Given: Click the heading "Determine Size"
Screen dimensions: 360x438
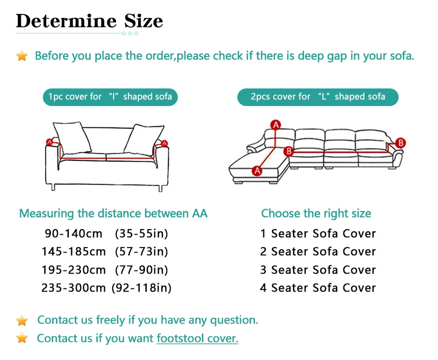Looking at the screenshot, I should coord(89,21).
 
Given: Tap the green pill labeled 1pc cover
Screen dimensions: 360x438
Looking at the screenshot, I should coord(110,97).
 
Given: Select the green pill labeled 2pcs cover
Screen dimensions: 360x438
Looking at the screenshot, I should coord(318,97).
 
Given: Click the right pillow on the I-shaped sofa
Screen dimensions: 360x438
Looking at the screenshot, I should coord(142,138).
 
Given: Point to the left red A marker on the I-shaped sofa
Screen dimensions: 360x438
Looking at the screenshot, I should coord(50,142).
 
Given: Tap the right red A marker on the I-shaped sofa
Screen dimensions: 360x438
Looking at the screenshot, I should coord(164,143).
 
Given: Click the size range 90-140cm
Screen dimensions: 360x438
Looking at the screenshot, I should coord(74,234).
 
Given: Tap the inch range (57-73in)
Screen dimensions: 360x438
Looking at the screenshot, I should coord(141,252).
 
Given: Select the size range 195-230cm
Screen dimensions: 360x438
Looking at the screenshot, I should coord(74,270).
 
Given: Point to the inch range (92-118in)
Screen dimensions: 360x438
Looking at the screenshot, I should coord(141,288).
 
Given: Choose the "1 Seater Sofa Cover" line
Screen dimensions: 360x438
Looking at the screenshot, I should coord(318,234).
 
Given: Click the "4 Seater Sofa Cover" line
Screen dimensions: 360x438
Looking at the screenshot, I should coord(318,288).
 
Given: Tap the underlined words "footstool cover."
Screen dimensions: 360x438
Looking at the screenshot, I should coord(197,338).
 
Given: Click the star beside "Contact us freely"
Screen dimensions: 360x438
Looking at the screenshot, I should coord(22,320).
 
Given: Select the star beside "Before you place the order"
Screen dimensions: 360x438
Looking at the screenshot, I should coord(22,56).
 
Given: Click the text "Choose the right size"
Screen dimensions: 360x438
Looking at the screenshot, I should coord(316,213).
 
